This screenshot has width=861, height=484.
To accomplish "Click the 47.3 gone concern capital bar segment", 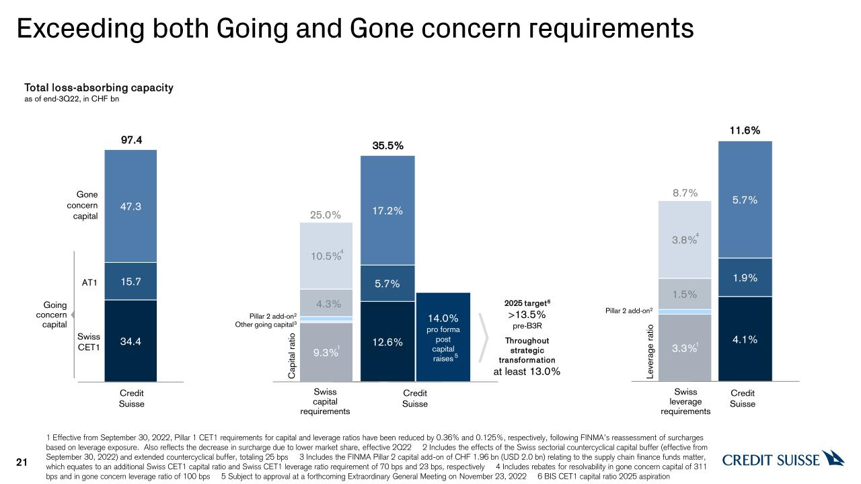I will [130, 206].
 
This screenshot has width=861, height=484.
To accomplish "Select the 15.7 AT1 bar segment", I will [130, 282].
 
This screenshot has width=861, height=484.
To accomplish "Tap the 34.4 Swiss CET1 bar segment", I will [130, 341].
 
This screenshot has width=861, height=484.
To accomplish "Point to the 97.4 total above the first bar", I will [130, 140].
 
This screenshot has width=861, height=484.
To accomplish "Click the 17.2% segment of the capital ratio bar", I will [387, 210].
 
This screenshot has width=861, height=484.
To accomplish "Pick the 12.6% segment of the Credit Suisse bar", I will [387, 342].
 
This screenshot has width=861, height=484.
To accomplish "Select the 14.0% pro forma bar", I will [443, 336].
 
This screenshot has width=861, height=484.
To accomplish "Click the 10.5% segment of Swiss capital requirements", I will [326, 255].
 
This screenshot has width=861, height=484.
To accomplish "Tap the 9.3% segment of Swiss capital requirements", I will [326, 352].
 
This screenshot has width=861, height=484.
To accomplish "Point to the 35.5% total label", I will [387, 145].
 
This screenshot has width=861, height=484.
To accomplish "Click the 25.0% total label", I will [326, 215].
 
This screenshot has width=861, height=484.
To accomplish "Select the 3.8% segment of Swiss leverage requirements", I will [685, 240].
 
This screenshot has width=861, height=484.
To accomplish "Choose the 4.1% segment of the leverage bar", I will [745, 339].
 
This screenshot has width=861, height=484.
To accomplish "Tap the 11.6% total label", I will [745, 130].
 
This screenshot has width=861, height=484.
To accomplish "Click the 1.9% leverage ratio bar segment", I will [745, 278].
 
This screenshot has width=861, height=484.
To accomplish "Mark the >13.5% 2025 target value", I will [527, 315].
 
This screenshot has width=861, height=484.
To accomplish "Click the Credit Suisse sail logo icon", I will [833, 458].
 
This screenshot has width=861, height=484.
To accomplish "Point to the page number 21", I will [22, 462].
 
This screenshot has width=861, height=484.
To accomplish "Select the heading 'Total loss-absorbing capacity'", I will [99, 88].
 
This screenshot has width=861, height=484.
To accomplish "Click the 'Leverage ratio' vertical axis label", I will [650, 352].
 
